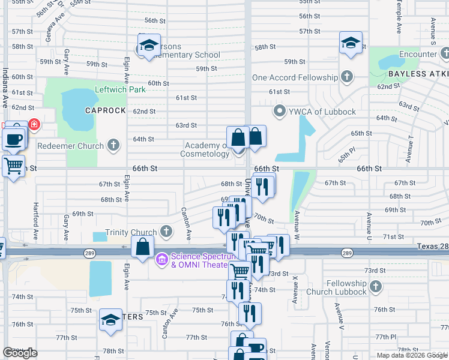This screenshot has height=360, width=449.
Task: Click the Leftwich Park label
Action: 120,89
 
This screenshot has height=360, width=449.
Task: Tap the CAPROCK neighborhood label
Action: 105,111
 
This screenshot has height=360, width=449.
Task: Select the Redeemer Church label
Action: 71,145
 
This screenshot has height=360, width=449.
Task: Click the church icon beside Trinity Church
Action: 166,232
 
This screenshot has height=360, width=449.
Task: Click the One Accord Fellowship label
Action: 295,77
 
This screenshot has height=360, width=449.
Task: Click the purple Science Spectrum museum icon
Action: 161,260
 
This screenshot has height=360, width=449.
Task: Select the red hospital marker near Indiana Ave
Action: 34,125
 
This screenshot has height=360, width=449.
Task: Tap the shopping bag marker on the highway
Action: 143,247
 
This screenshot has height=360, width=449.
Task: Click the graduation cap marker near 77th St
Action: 110,322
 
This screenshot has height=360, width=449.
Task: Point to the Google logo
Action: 20,353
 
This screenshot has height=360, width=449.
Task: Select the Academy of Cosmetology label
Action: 205,149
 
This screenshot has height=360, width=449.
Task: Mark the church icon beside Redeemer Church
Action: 113,145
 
